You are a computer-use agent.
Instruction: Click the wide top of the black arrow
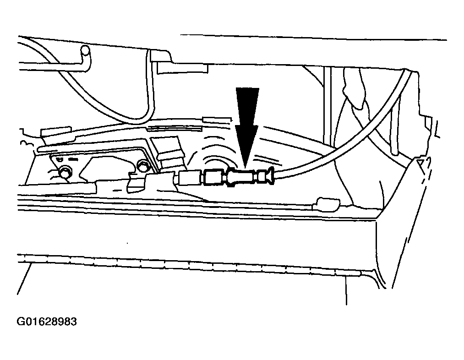247,88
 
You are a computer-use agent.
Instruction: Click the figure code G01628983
47,322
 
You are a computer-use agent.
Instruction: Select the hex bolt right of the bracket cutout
142,166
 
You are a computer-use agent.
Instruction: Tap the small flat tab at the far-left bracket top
56,131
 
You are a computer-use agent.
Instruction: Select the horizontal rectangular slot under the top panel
182,68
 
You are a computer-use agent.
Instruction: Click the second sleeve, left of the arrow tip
213,178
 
